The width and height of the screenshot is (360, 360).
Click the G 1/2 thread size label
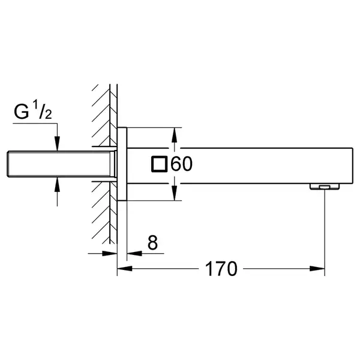[33, 110]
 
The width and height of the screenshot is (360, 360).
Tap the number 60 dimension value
[181, 164]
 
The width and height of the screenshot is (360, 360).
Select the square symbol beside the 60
[160, 164]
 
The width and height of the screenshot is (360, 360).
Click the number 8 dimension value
[152, 242]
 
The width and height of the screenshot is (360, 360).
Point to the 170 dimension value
[221, 269]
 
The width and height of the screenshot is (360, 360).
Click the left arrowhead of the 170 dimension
[124, 268]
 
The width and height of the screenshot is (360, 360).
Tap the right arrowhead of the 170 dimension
[317, 268]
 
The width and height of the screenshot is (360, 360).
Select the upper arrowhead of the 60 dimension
[175, 135]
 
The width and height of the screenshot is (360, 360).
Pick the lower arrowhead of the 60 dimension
[175, 193]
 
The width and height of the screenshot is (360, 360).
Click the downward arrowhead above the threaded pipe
[57, 144]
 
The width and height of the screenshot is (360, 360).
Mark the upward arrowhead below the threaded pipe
[57, 185]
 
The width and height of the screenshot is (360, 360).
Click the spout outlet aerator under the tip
[325, 187]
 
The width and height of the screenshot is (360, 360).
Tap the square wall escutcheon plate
[122, 164]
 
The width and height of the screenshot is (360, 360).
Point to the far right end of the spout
[353, 166]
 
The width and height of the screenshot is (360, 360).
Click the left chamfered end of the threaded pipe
[8, 164]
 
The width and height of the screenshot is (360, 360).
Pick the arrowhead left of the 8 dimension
[110, 253]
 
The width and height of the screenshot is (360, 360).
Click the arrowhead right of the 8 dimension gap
[134, 253]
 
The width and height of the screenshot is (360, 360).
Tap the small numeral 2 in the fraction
[49, 115]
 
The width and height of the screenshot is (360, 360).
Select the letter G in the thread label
[22, 112]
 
